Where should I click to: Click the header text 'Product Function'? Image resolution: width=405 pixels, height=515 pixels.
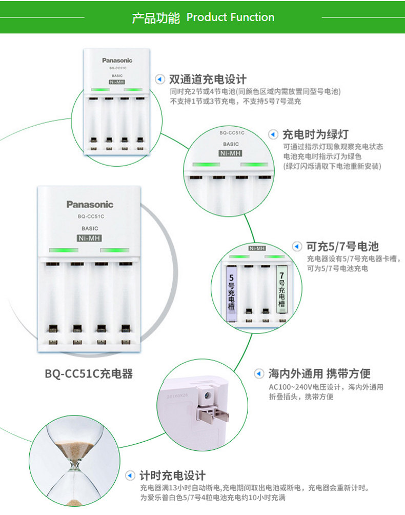pyautogui.click(x=230, y=17)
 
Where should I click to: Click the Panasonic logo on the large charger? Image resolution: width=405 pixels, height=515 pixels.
pyautogui.click(x=90, y=204)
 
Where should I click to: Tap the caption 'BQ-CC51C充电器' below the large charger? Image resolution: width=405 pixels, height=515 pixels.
pyautogui.click(x=89, y=374)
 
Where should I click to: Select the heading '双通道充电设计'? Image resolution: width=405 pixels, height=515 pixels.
pyautogui.click(x=208, y=79)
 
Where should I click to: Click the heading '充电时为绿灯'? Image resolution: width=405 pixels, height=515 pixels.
pyautogui.click(x=315, y=134)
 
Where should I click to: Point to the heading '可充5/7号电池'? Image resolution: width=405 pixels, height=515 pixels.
pyautogui.click(x=342, y=246)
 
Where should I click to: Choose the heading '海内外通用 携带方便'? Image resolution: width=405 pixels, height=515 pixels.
pyautogui.click(x=319, y=373)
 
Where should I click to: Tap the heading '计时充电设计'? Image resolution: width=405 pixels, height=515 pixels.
pyautogui.click(x=173, y=476)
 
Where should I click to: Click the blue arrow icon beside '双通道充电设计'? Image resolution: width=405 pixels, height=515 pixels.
pyautogui.click(x=160, y=79)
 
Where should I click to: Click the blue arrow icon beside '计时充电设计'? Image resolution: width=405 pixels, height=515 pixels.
pyautogui.click(x=130, y=476)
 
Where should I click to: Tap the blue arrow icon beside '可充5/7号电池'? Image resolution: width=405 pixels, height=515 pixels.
pyautogui.click(x=297, y=246)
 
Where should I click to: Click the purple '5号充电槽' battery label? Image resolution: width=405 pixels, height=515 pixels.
pyautogui.click(x=231, y=293)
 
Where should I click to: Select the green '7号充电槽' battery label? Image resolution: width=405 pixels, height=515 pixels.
pyautogui.click(x=281, y=289)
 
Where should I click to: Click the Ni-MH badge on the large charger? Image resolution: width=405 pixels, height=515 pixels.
pyautogui.click(x=90, y=238)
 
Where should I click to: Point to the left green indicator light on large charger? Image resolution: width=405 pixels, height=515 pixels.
pyautogui.click(x=64, y=250)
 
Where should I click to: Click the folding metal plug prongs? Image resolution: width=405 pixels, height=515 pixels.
pyautogui.click(x=212, y=414)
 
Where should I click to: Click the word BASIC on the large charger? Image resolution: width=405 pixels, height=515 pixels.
pyautogui.click(x=90, y=228)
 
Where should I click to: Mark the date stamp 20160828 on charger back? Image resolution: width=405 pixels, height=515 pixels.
pyautogui.click(x=177, y=396)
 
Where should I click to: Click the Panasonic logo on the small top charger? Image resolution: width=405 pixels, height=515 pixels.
pyautogui.click(x=117, y=61)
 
